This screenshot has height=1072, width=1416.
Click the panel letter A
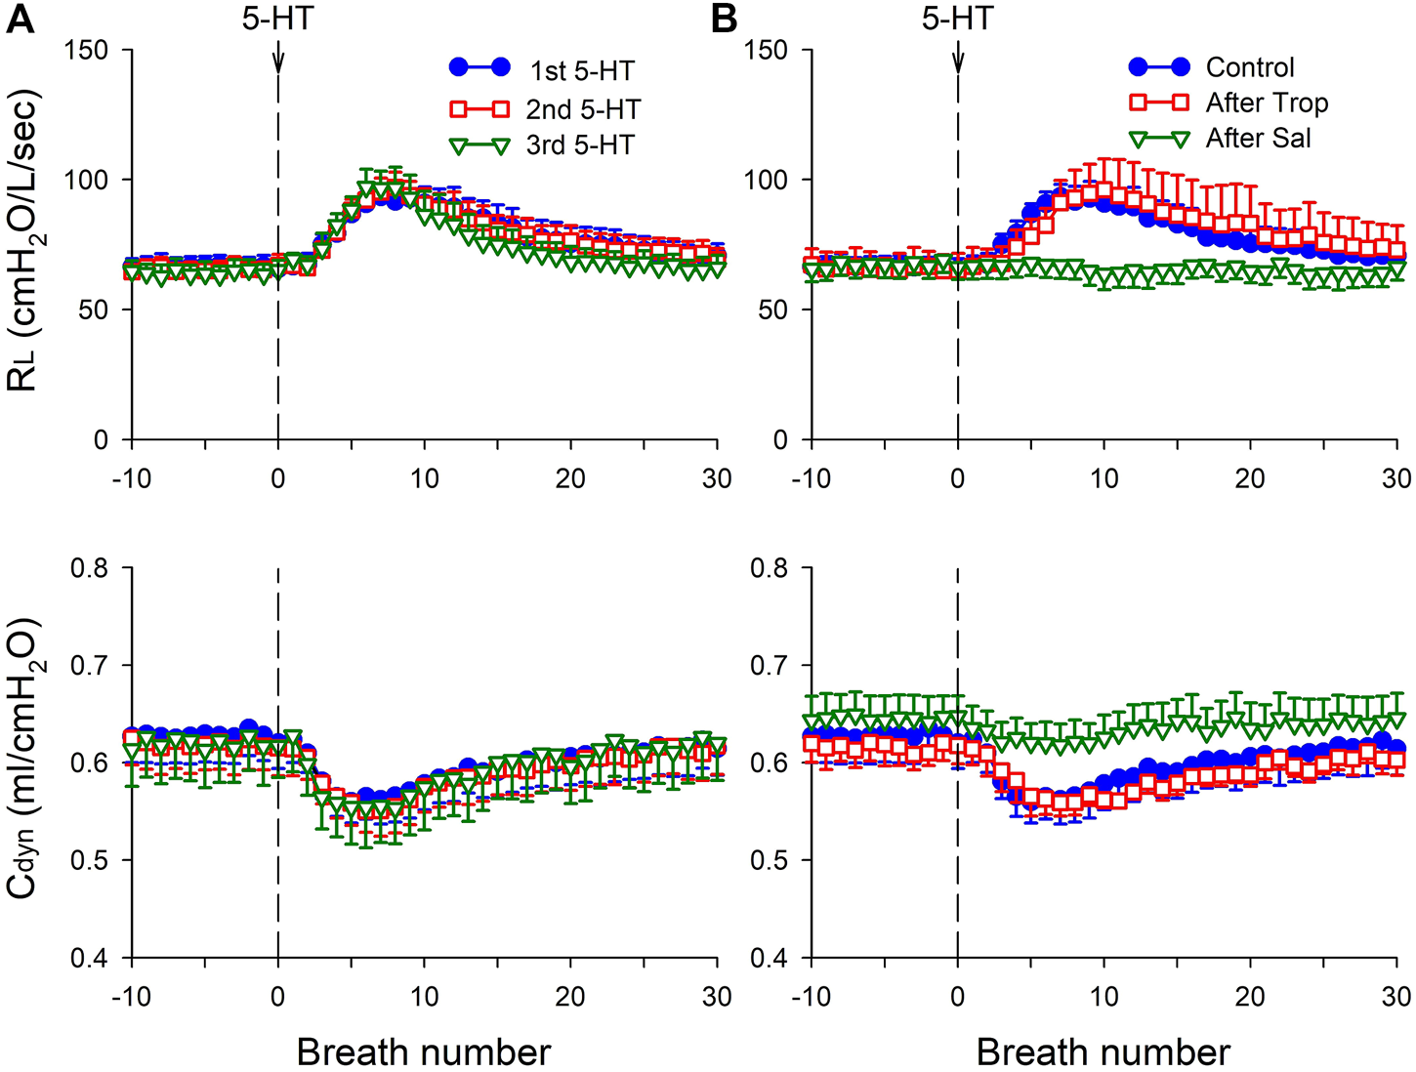point(21,20)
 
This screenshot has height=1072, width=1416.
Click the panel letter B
point(725,20)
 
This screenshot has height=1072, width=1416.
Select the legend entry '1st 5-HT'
point(582,71)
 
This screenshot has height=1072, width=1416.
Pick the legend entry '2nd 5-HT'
point(583,108)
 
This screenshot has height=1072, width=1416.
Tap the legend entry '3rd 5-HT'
point(580,144)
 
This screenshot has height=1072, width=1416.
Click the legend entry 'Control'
point(1250,67)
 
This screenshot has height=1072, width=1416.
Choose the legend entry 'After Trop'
point(1267,103)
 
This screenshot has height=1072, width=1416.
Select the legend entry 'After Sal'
point(1258,138)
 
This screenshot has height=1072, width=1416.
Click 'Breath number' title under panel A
point(424,1051)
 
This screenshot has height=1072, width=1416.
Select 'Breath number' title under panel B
point(1103,1051)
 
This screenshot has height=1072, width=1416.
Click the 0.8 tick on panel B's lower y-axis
point(769,567)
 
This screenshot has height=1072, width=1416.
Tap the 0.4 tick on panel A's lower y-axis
point(90,958)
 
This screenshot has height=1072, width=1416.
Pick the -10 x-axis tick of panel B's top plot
point(810,478)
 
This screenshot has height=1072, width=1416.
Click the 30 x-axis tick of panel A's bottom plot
point(717,996)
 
